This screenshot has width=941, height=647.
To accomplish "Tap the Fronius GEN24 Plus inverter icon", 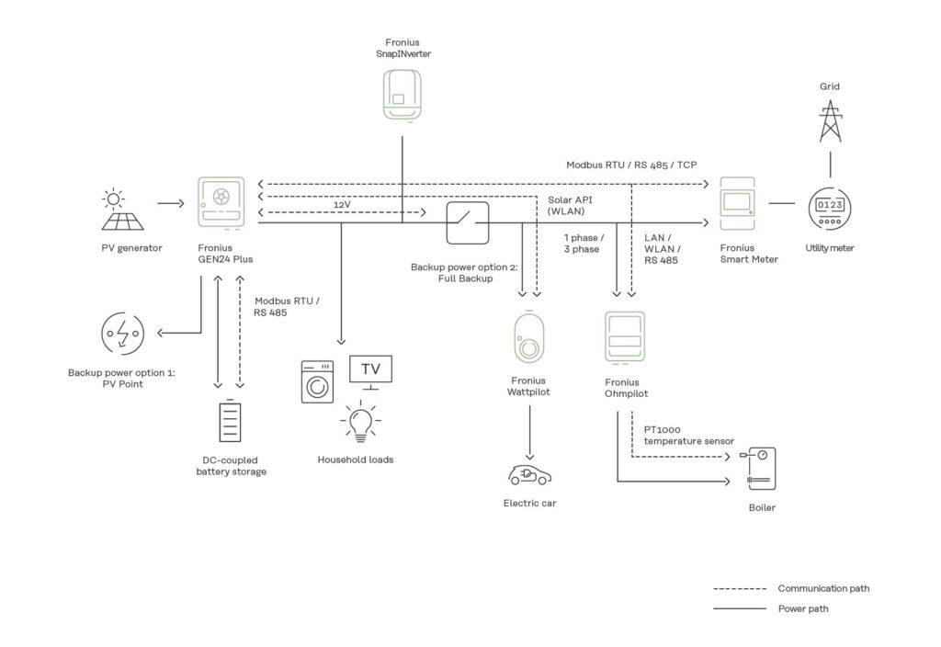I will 221,203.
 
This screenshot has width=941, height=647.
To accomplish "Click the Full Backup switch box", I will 468,221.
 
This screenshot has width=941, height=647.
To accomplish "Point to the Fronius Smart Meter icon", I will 737,203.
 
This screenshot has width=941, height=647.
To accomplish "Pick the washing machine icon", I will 319,383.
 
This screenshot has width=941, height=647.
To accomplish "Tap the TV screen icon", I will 370,370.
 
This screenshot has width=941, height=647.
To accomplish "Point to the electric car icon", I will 529,474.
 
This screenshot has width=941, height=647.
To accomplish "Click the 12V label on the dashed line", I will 342,204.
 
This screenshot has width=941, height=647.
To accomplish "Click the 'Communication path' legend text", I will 823,588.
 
